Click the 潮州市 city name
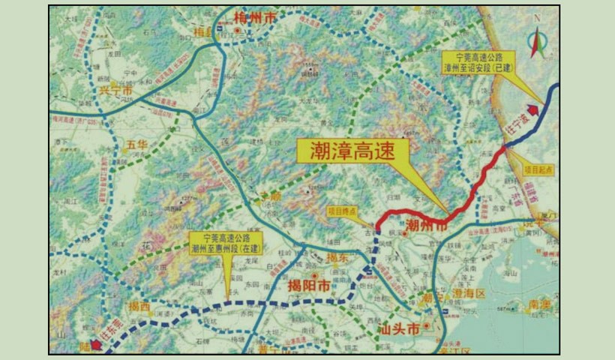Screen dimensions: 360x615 tap(427, 224)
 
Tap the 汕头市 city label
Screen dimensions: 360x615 tap(399, 328)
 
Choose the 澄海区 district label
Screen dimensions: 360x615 tap(469, 292)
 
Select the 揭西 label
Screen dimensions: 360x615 tap(139, 306)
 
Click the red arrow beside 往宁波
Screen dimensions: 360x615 tap(533, 113)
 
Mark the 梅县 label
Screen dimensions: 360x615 tap(202, 32)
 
